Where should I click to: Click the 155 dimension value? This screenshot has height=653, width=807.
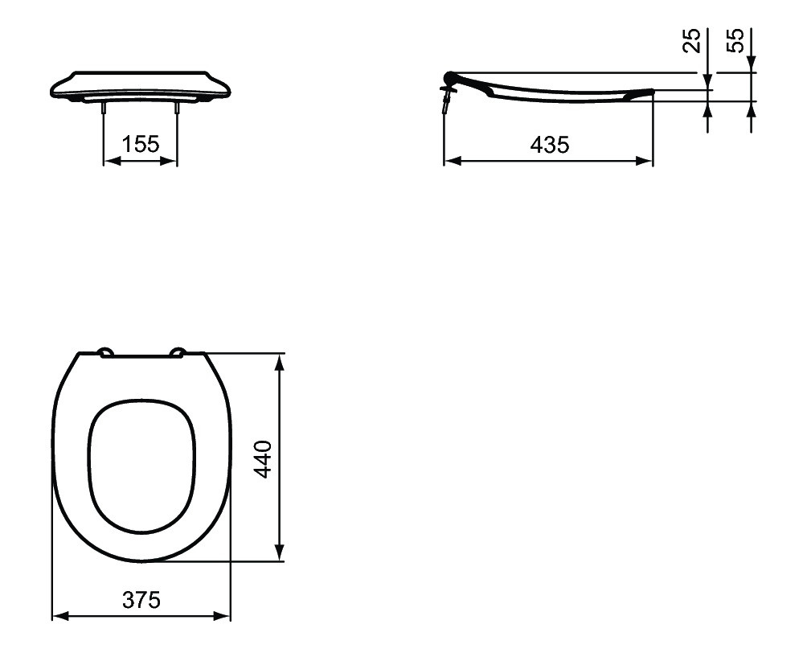[141, 144]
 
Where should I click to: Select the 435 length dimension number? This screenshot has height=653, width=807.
[550, 145]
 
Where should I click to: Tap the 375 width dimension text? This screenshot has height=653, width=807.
[141, 599]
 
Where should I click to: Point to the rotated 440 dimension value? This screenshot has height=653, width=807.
[263, 459]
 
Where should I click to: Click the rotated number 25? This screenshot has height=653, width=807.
[692, 41]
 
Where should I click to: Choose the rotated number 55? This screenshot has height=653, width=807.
[735, 40]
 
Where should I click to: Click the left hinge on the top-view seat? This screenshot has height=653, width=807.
[106, 351]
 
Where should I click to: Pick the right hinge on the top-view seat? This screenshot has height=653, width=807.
[178, 351]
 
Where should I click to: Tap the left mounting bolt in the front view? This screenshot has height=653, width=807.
[104, 107]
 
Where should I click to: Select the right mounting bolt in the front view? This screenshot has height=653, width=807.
[178, 107]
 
